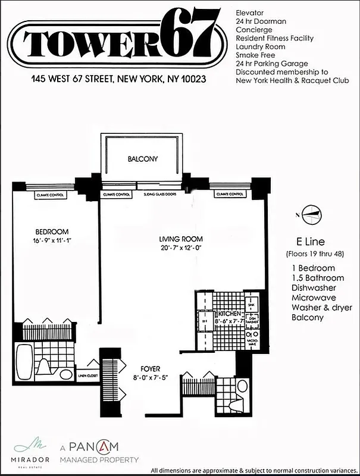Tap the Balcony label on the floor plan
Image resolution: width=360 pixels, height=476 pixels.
142,159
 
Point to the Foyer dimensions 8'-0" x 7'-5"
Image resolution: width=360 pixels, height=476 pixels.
152,377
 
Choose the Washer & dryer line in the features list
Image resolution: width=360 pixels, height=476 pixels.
321,307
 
